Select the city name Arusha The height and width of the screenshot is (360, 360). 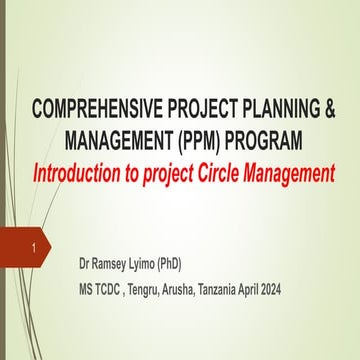point(211,291)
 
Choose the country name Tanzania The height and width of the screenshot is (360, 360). point(262,291)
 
